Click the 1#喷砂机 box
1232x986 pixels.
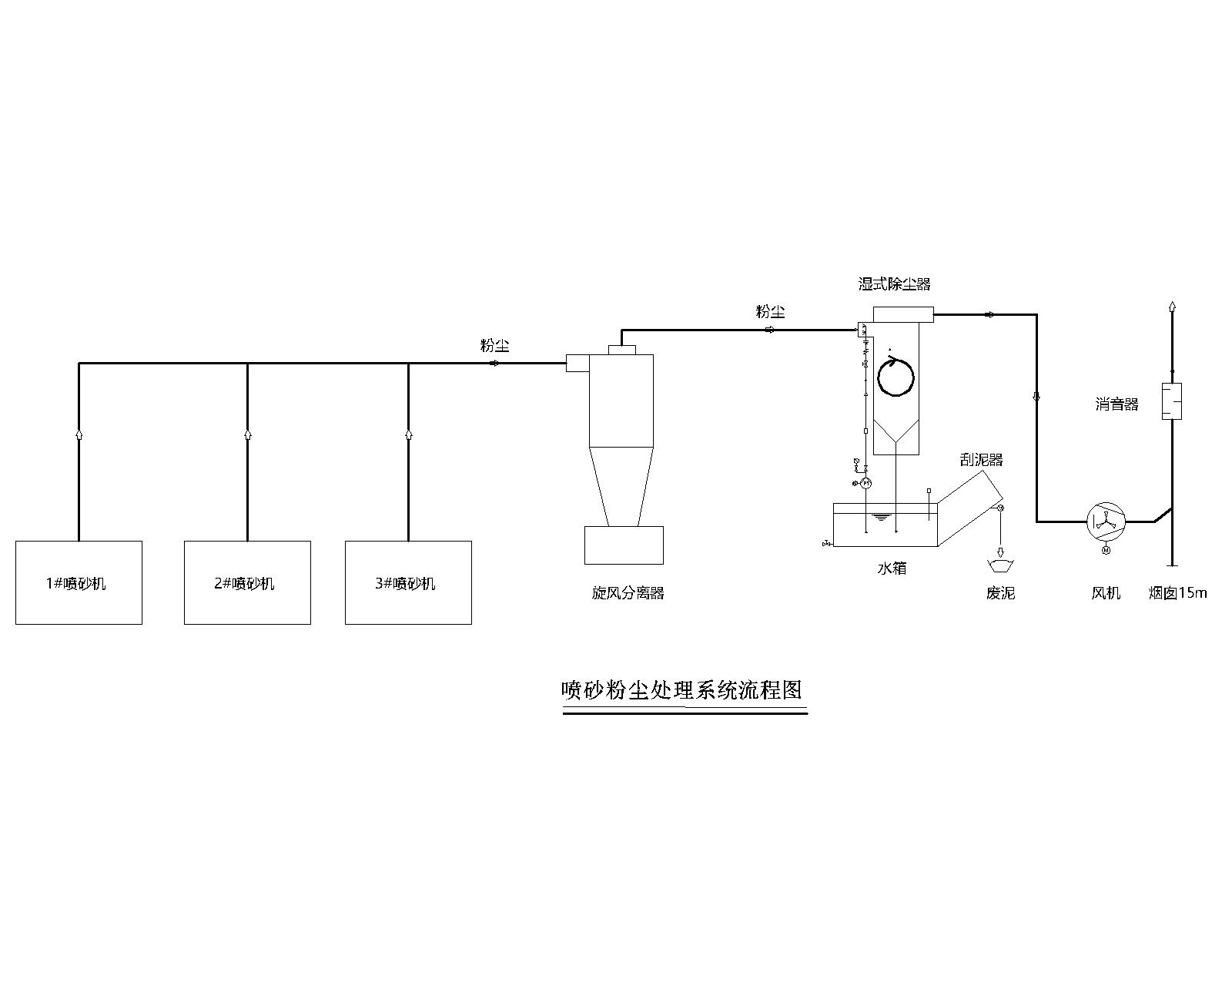point(79,582)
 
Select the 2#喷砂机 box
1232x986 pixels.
point(247,582)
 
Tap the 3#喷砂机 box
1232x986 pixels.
point(408,582)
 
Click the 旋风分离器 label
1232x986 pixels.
point(628,593)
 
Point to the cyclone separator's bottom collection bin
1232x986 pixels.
point(624,545)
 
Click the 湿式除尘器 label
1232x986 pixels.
point(895,284)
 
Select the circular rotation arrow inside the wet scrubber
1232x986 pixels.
point(896,377)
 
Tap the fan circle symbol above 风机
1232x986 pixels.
point(1106,522)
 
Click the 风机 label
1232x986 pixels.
point(1106,593)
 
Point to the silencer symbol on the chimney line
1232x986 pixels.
point(1172,401)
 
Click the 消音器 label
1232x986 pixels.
point(1116,404)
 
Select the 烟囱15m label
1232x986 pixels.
point(1177,593)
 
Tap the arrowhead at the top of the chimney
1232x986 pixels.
point(1172,306)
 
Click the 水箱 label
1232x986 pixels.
point(892,568)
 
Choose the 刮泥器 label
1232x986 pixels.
point(981,460)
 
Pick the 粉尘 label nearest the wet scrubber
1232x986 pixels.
point(770,312)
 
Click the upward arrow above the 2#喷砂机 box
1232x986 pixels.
point(247,434)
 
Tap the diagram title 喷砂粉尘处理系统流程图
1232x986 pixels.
point(682,689)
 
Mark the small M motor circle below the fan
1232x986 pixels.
point(1106,550)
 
